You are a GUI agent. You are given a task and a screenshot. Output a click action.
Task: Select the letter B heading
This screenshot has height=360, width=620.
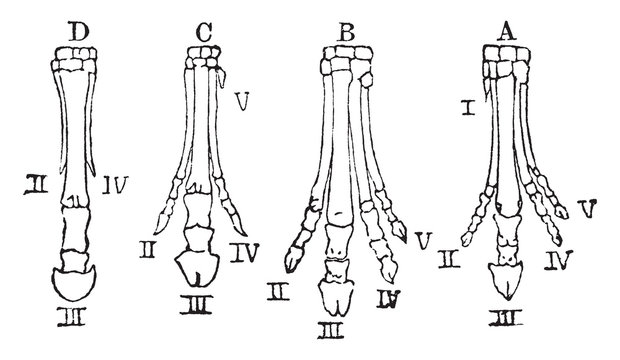click(x=348, y=31)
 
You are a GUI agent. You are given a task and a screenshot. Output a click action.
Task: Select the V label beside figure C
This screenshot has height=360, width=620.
click(x=239, y=101)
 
